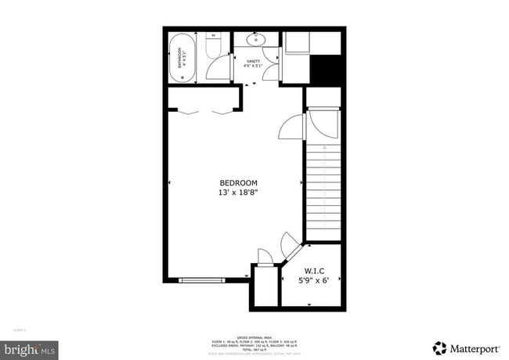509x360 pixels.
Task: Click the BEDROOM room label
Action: [238, 182]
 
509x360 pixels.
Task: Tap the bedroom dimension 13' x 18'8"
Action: [238, 192]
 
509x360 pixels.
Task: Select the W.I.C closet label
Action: [315, 271]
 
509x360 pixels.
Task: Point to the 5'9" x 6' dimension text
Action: [315, 280]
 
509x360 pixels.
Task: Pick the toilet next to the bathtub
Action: [212, 46]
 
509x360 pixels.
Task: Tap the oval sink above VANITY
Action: [255, 38]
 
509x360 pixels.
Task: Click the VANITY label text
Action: [253, 60]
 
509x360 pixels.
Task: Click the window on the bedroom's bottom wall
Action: [202, 279]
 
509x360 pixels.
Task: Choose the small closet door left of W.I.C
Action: [264, 258]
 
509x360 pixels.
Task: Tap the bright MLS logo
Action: [29, 347]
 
